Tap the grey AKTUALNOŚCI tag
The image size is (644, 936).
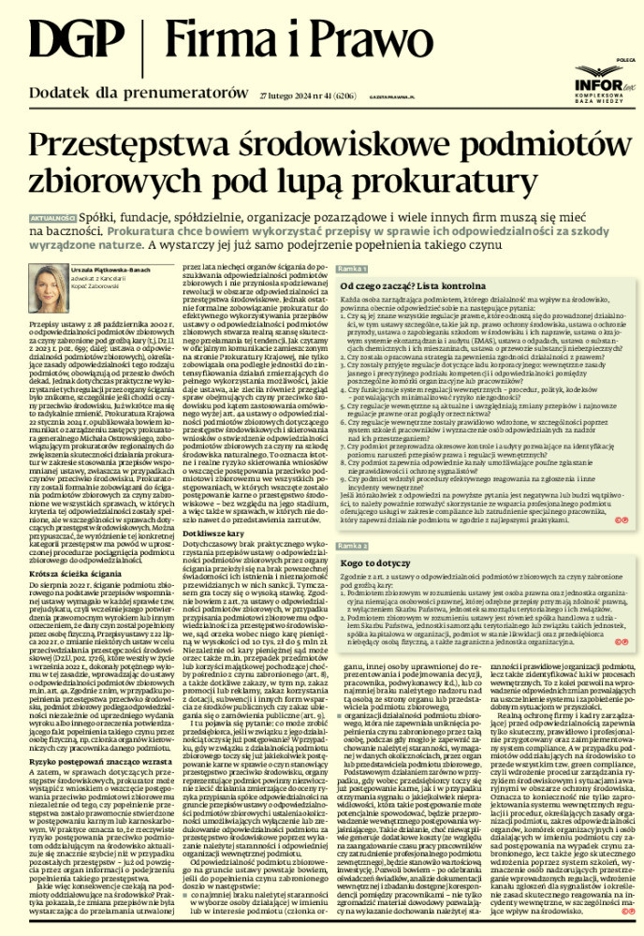[x=49, y=217]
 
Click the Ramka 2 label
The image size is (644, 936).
[x=333, y=544]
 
